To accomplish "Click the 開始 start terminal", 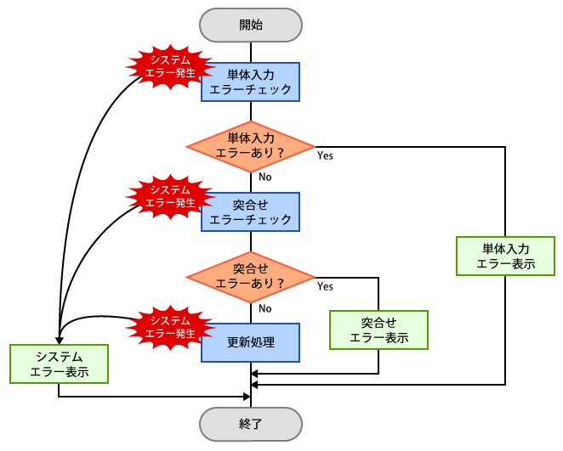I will point(251,25).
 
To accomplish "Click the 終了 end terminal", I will point(251,422).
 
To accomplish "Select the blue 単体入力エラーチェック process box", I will point(251,82).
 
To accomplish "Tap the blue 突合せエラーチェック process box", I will point(251,211).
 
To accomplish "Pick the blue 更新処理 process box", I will point(251,342).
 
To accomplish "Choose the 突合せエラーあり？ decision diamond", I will point(251,277).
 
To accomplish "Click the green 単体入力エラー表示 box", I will point(506,257).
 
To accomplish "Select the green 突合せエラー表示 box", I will point(378,330).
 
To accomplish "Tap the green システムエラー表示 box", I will point(60,364).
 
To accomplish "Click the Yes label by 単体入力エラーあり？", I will point(325,156).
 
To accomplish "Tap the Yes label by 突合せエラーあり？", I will point(325,287).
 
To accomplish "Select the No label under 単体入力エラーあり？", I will point(265,178).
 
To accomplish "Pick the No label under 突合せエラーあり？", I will point(265,308).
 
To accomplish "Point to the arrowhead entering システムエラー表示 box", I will point(60,339).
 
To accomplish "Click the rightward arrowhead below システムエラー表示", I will point(247,396).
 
